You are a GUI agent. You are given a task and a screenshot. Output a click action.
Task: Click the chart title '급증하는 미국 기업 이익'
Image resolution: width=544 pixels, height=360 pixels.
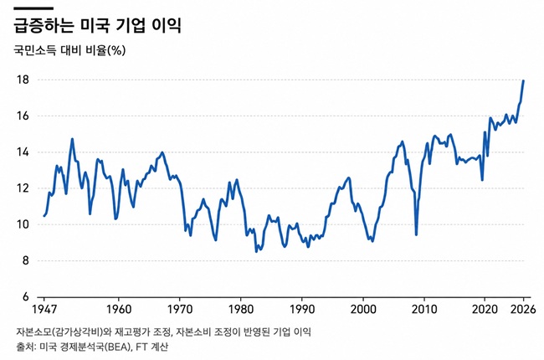[x=97, y=25]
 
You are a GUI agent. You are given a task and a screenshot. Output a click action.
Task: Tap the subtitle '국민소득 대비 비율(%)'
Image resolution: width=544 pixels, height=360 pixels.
[x=69, y=51]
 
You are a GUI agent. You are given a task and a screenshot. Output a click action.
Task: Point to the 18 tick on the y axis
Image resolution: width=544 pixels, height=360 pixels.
[x=23, y=80]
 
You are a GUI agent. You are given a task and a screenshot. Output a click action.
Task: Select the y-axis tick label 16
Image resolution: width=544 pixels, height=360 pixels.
[x=23, y=116]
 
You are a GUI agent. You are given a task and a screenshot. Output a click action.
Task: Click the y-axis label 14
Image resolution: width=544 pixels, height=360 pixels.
[x=23, y=152]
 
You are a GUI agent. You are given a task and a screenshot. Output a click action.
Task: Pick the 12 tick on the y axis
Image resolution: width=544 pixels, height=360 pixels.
[x=23, y=188]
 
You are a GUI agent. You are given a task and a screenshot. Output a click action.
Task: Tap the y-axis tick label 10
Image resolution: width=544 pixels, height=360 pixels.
[x=23, y=224]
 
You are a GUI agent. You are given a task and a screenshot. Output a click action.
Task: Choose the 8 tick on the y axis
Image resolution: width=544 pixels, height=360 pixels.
[x=26, y=260]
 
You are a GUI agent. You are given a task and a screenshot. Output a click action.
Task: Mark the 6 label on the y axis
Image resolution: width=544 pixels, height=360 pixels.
[x=26, y=297]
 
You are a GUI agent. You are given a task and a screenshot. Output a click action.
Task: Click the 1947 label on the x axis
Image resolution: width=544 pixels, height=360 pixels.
[x=44, y=309]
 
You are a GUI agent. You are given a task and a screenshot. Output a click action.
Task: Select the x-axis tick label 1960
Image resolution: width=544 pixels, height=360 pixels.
[x=119, y=309]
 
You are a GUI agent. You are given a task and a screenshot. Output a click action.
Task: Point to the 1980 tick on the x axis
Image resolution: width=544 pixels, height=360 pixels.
[x=241, y=309]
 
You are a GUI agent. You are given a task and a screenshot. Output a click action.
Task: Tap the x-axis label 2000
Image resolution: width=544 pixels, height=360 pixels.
[x=363, y=309]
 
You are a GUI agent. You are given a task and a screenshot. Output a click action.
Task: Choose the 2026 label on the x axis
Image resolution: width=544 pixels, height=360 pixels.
[x=523, y=309]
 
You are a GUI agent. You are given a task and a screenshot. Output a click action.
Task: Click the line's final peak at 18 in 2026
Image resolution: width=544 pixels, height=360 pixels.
[x=523, y=80]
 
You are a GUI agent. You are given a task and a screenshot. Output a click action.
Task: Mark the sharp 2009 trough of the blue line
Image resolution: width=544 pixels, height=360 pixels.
[x=416, y=235]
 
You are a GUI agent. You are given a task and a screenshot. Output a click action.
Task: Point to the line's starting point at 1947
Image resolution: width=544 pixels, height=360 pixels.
[x=44, y=216]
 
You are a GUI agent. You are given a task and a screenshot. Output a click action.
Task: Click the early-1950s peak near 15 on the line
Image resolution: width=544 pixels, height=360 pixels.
[x=72, y=139]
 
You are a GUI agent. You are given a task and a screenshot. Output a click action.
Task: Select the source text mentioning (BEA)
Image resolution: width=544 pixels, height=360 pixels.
[x=92, y=347]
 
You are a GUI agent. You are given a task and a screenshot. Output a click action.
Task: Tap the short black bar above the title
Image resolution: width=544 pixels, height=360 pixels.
[x=33, y=8]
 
